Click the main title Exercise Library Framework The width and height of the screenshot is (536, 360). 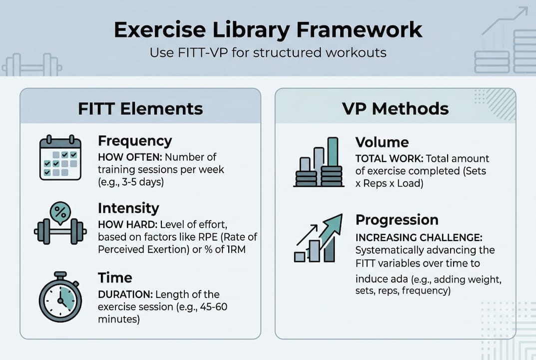point(268,30)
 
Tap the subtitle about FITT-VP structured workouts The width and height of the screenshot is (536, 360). point(268,52)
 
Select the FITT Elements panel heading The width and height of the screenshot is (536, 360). point(140,109)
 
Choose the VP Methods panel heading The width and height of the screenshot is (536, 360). point(395,109)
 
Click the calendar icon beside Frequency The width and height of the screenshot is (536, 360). point(60,157)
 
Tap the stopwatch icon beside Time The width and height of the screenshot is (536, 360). point(60,296)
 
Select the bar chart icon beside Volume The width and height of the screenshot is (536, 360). point(319,162)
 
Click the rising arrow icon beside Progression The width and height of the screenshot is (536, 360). point(318,238)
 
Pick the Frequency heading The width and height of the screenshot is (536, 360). point(135,141)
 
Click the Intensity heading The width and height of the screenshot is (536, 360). point(128,208)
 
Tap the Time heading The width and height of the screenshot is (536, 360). point(115,277)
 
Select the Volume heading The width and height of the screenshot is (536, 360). point(382,142)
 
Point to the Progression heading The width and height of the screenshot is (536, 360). point(397,220)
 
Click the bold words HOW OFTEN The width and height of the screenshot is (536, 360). point(130,157)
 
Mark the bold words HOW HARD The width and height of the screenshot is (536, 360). point(128,224)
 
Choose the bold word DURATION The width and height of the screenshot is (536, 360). point(125,294)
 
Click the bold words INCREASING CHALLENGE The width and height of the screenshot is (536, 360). point(419,237)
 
